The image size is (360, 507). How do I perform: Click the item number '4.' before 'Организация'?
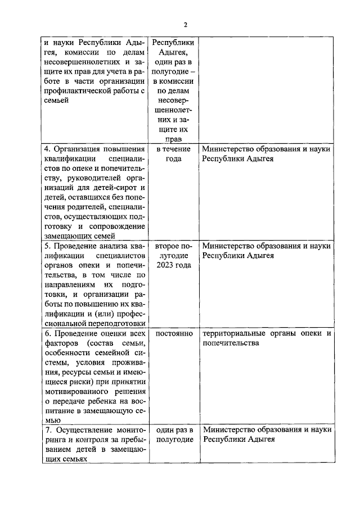[47, 149]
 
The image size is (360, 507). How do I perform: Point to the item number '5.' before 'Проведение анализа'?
[47, 246]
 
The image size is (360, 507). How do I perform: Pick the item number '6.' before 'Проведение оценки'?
[47, 334]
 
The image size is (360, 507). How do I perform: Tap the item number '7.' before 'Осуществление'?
[47, 430]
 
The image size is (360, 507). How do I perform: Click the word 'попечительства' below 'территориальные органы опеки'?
[231, 343]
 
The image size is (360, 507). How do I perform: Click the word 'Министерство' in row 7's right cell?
[227, 430]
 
